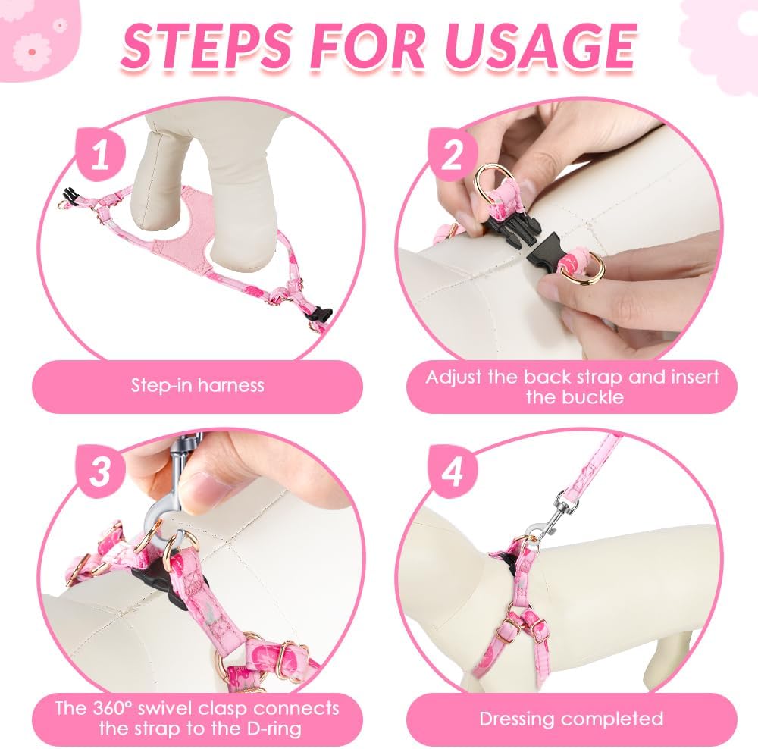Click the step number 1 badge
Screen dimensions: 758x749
pos(101,155)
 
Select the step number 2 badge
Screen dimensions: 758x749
pos(452,155)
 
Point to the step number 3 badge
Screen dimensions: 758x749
pos(101,471)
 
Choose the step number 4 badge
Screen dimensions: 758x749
pos(452,471)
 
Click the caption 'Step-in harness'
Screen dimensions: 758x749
pos(198,385)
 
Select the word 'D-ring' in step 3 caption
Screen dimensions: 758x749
pos(271,729)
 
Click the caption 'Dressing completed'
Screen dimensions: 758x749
pos(572,719)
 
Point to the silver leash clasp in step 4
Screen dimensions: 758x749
pos(551,520)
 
